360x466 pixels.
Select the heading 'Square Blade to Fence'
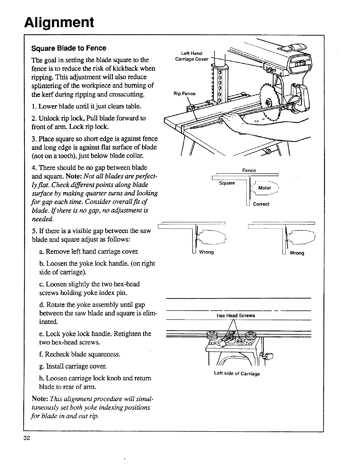(69, 48)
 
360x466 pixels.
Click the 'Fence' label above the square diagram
(249, 170)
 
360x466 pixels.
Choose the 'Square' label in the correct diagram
(227, 183)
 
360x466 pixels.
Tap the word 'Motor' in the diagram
(264, 188)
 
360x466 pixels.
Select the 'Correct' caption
(261, 204)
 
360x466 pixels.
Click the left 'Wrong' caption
(206, 252)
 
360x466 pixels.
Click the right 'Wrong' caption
(297, 253)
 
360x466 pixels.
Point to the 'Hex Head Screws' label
(236, 315)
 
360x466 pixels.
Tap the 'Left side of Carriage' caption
(237, 374)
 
